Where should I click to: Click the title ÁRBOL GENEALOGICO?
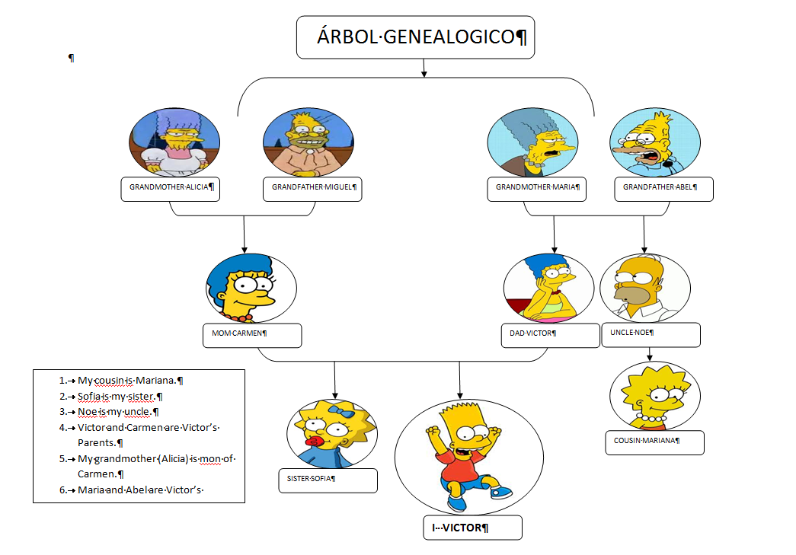[415, 37]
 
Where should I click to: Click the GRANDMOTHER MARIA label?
[537, 187]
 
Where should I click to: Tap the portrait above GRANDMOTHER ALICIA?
[174, 142]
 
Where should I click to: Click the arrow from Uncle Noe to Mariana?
[650, 354]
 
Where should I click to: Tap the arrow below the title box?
[423, 69]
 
